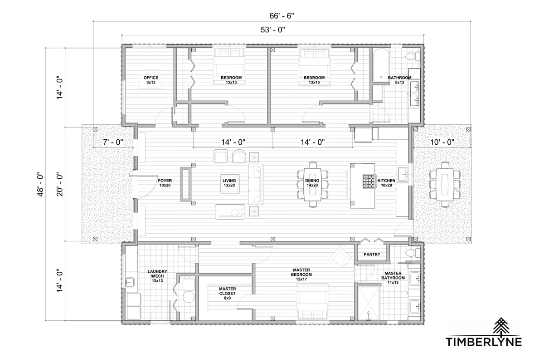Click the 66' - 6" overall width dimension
tap(282, 16)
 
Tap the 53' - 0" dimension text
tap(273, 29)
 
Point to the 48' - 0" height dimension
tap(40, 185)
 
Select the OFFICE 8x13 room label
tap(151, 80)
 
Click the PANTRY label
tap(372, 254)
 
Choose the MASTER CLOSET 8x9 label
tap(227, 293)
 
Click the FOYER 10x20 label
tap(165, 183)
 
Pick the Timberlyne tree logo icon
tap(501, 326)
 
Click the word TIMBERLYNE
tap(484, 342)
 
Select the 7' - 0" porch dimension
tap(113, 142)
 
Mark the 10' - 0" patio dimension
tap(442, 142)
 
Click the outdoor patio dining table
tap(445, 185)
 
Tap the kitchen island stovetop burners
tap(369, 181)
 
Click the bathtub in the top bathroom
tap(381, 65)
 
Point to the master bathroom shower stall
tap(368, 303)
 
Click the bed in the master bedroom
tap(312, 301)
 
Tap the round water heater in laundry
tap(189, 297)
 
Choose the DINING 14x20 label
tap(312, 183)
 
